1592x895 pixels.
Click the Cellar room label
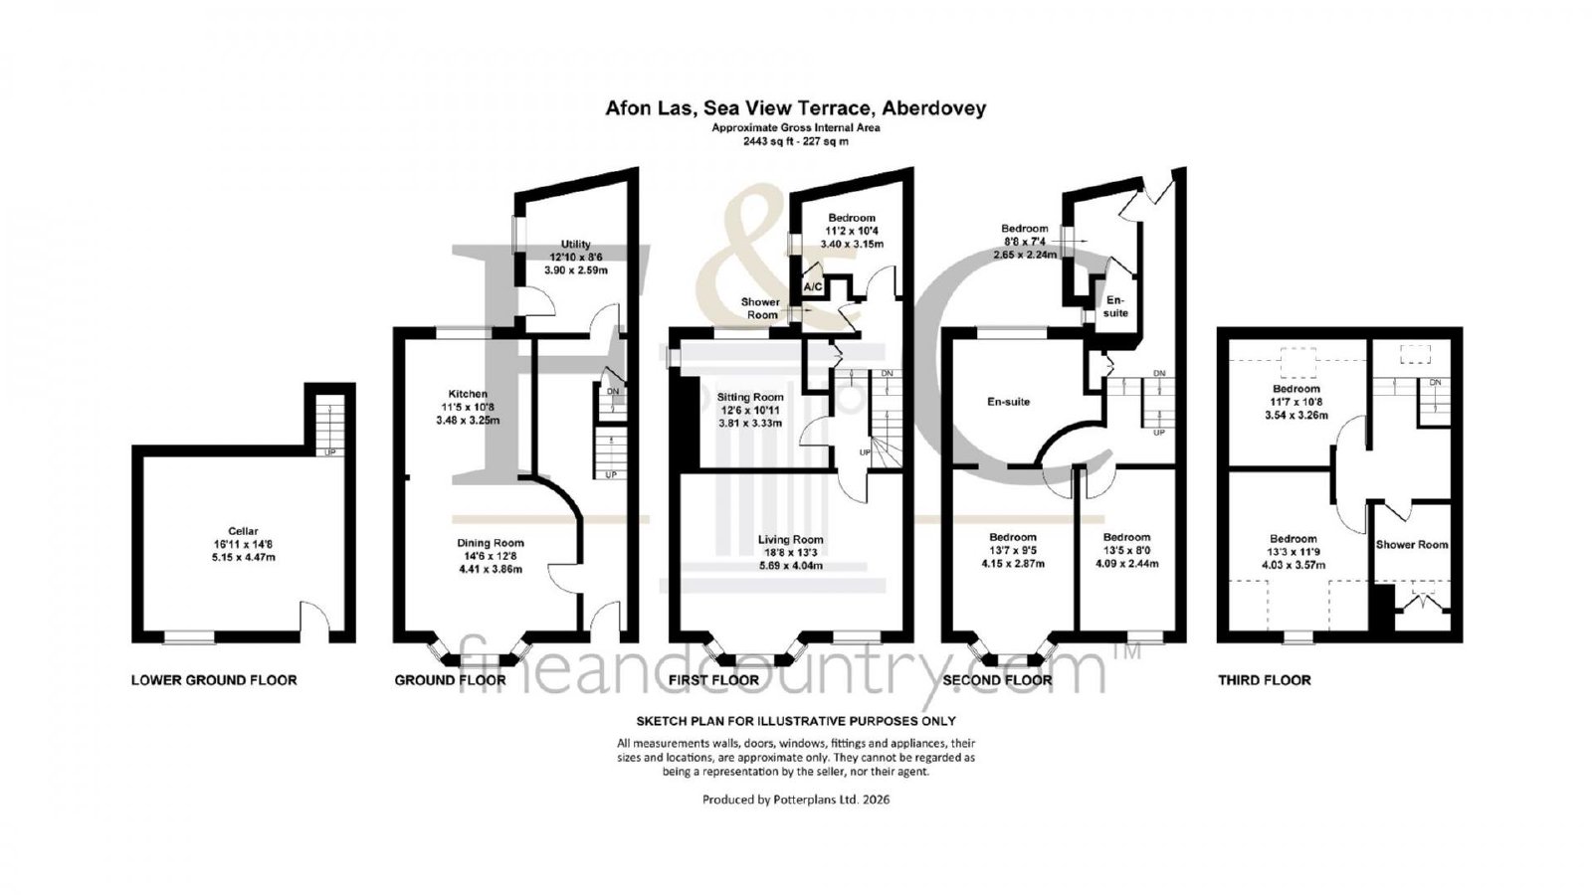click(243, 531)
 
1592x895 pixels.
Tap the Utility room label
click(576, 244)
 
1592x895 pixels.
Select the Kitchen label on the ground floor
click(468, 394)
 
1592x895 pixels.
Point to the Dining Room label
click(491, 543)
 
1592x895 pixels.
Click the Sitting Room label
click(750, 397)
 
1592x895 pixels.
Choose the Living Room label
click(790, 540)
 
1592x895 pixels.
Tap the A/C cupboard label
click(813, 287)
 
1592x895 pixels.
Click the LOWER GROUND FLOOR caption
click(214, 680)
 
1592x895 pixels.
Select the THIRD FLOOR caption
click(1265, 680)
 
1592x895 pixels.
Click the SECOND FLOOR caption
click(997, 680)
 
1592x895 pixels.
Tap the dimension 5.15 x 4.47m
click(243, 557)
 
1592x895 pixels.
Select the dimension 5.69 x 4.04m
click(790, 566)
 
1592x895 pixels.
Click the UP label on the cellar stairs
click(329, 451)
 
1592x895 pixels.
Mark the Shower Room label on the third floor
click(1412, 545)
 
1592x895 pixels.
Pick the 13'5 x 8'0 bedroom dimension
click(1127, 551)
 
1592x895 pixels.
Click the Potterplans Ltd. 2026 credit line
click(796, 800)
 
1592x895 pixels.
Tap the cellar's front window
click(189, 637)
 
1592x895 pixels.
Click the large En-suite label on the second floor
click(1009, 402)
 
